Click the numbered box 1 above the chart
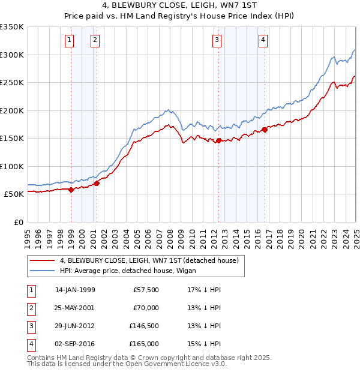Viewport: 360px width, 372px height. (70, 40)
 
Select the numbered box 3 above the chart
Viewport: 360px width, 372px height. (217, 40)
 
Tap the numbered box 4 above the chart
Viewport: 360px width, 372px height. (263, 40)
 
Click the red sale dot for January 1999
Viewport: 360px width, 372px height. (71, 190)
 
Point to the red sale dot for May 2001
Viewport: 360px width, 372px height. (97, 183)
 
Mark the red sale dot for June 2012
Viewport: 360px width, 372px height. (218, 140)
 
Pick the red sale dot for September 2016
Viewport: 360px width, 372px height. (265, 130)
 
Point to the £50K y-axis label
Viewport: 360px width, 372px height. (14, 194)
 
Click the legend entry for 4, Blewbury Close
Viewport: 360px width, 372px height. (149, 260)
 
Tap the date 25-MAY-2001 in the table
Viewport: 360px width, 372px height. (75, 308)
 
